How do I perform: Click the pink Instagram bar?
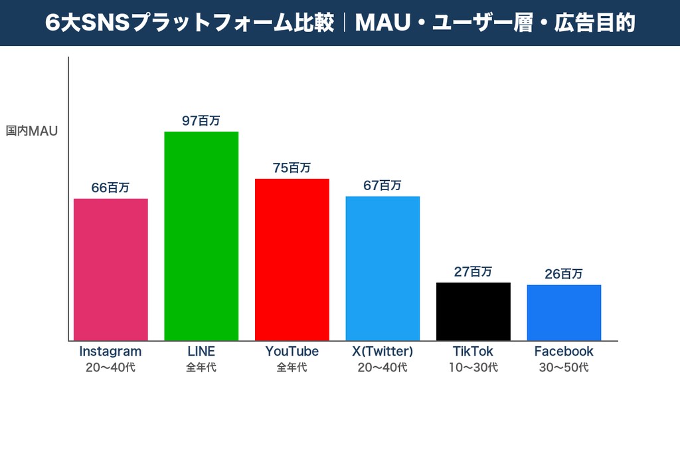[x=110, y=269]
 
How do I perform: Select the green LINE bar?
[x=201, y=236]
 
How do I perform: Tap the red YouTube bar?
[x=292, y=259]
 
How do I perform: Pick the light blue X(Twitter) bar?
[x=382, y=268]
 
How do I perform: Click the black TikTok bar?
[x=473, y=311]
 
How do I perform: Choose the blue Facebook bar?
[x=564, y=312]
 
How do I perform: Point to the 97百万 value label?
[x=201, y=120]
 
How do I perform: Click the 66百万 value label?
[x=110, y=187]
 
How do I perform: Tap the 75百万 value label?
[x=292, y=168]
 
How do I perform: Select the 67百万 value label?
[x=382, y=185]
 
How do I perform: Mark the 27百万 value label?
[x=473, y=271]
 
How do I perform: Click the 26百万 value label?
[x=564, y=273]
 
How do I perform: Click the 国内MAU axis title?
[x=32, y=131]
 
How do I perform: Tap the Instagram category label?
[x=110, y=351]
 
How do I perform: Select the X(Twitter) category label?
[x=382, y=351]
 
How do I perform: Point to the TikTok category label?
[x=473, y=351]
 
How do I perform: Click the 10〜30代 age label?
[x=473, y=367]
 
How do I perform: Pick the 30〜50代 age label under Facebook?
[x=564, y=367]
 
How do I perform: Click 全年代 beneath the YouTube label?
[x=292, y=367]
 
